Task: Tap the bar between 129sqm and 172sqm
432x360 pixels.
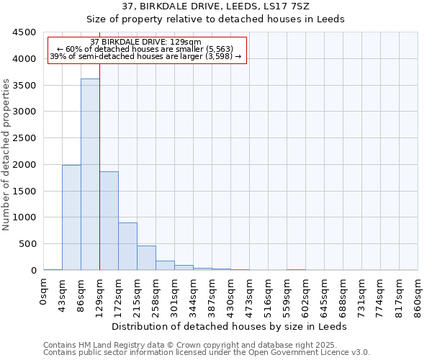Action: [109, 220]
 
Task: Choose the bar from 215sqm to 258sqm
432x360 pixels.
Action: [146, 258]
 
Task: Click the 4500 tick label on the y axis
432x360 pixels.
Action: [24, 32]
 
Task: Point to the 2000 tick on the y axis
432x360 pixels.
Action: [24, 165]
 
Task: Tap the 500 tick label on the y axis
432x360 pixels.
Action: [27, 244]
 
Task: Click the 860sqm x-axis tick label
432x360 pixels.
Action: [418, 295]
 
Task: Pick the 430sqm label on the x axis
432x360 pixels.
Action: [231, 295]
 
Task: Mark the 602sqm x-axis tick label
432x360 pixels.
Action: [306, 295]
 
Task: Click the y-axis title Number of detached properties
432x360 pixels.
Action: [7, 156]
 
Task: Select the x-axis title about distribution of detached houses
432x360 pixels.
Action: [230, 326]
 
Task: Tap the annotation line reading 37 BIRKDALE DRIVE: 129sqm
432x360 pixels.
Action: [146, 42]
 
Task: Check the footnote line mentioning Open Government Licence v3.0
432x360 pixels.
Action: [207, 353]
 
